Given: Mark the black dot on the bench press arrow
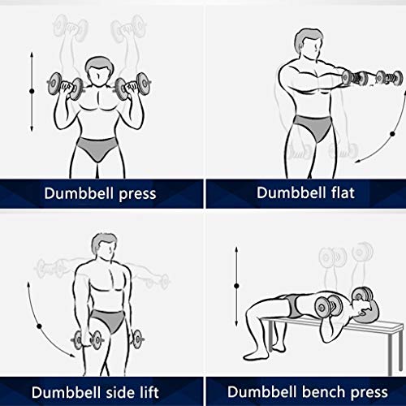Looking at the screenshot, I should point(236,286).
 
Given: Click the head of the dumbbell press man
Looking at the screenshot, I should point(97,71).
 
